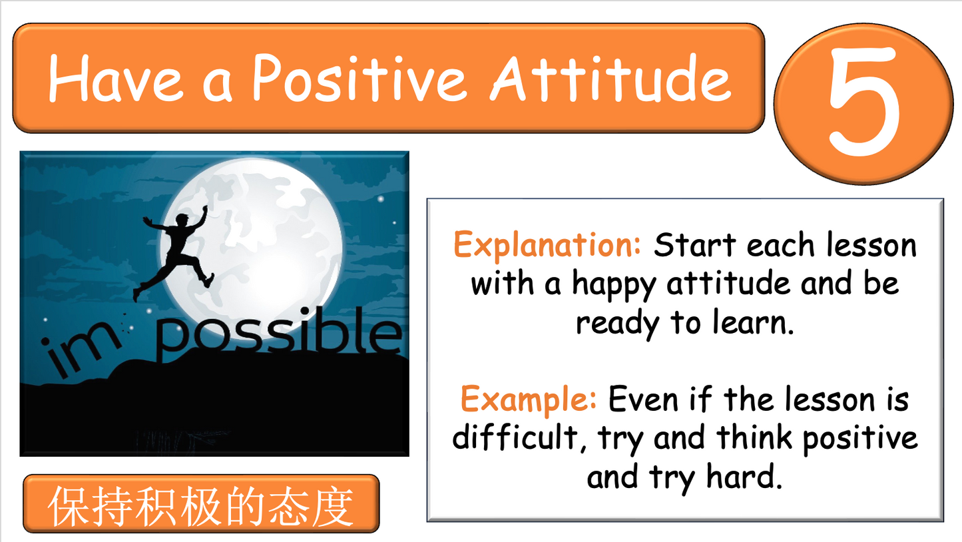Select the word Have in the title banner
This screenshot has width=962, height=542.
tap(115, 78)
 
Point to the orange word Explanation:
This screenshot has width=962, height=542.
tap(547, 246)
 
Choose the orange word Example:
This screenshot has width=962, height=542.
tap(529, 400)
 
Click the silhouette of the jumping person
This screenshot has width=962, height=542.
tap(176, 250)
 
